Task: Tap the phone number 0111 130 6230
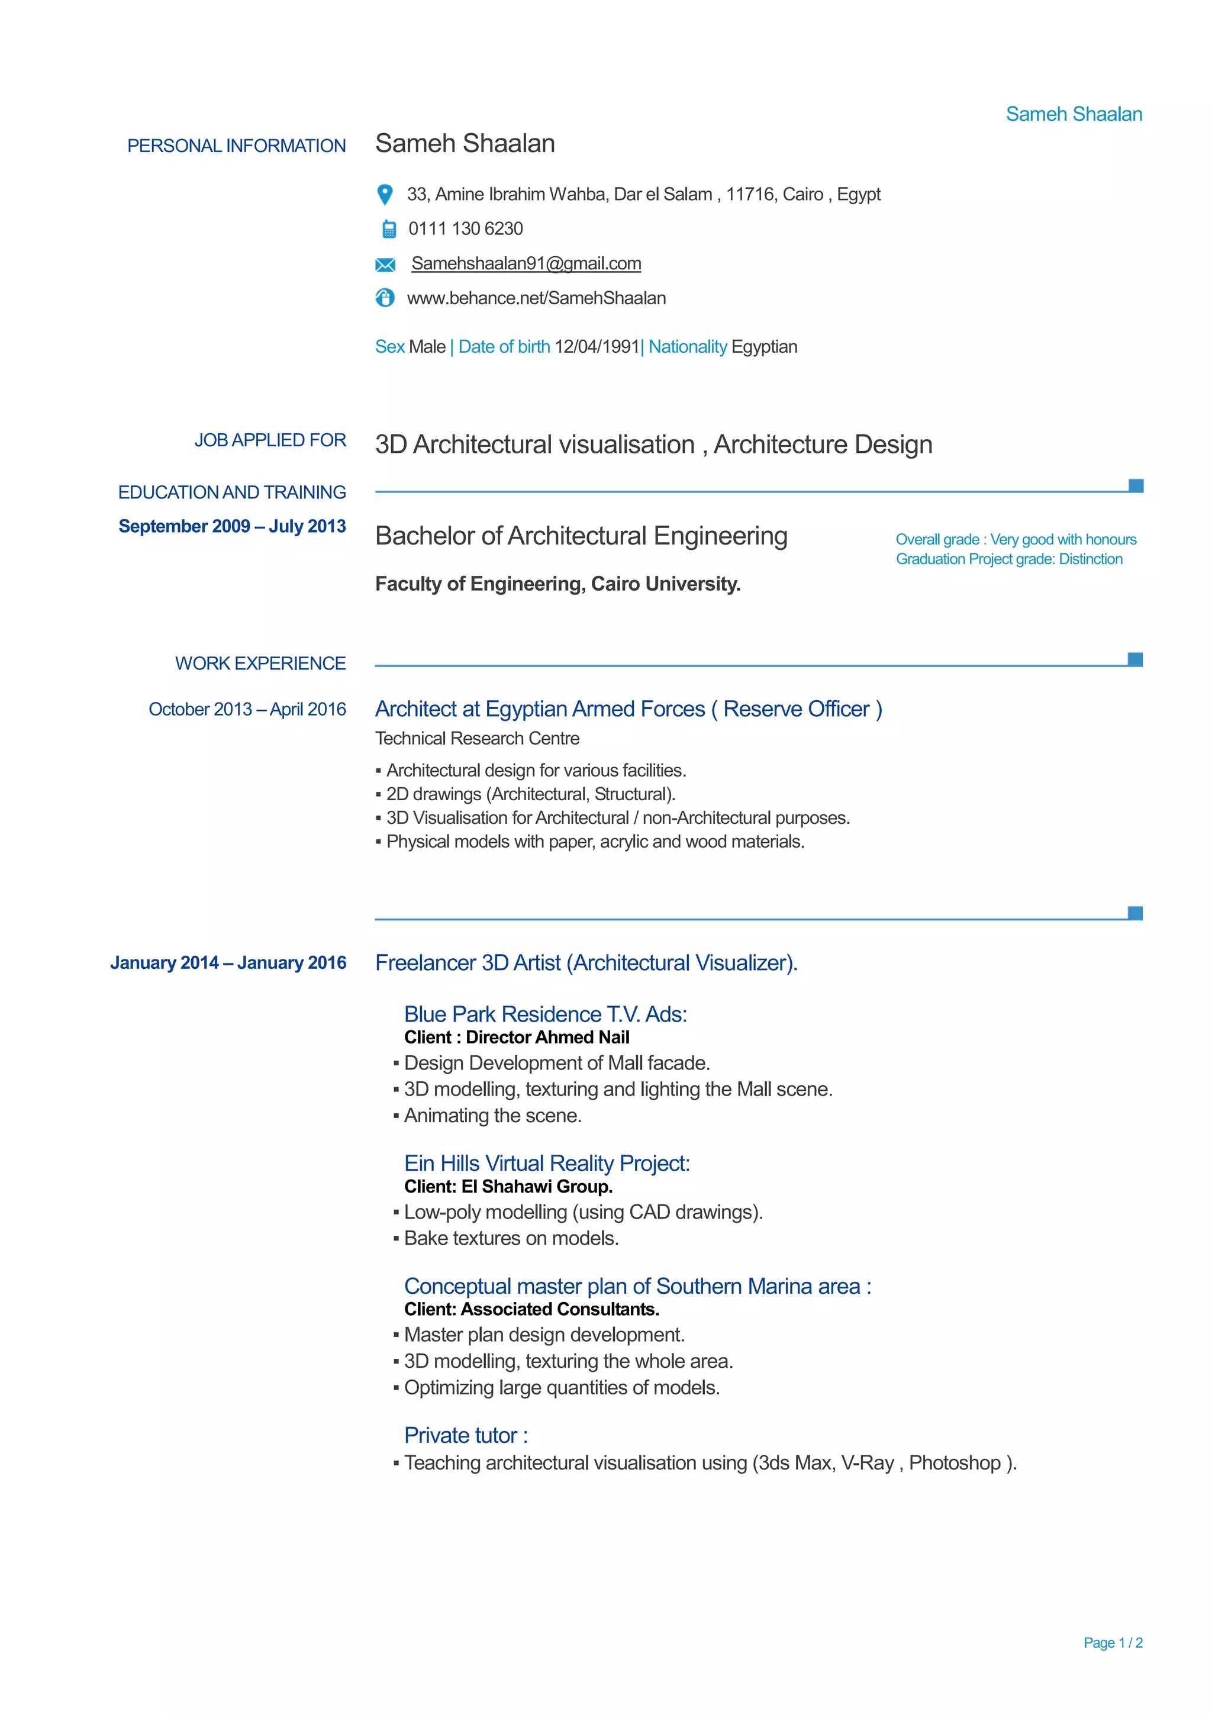pos(465,229)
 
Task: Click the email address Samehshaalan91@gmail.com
pos(526,263)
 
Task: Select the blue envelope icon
pos(385,265)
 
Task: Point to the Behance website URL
pos(536,299)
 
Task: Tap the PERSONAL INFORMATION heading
pos(237,146)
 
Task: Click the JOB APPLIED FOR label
pos(270,440)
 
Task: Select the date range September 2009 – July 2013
pos(232,526)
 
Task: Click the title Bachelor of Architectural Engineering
pos(581,536)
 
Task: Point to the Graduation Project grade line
pos(1009,559)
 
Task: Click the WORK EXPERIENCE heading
pos(260,663)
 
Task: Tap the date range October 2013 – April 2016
pos(247,709)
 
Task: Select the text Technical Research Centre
pos(477,738)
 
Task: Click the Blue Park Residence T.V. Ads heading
pos(546,1014)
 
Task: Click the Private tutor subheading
pos(466,1436)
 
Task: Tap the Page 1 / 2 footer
pos(1113,1642)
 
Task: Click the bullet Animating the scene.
pos(492,1115)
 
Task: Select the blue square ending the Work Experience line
pos(1135,659)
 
